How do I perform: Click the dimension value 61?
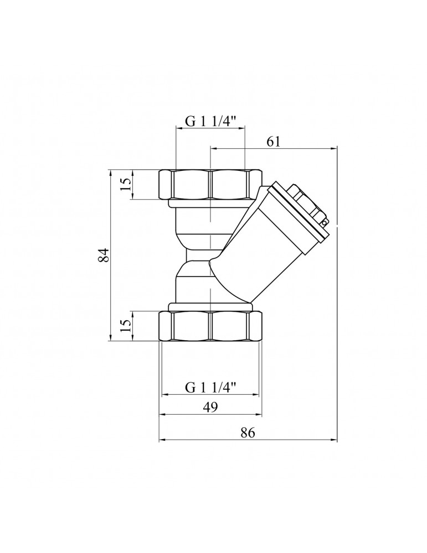point(274,142)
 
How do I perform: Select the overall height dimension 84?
point(104,255)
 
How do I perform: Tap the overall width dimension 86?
point(248,432)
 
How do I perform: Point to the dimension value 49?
point(211,407)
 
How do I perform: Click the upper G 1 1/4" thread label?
point(210,122)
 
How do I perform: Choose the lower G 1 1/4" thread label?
point(210,388)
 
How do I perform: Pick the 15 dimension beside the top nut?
point(126,185)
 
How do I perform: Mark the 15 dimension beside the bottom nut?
point(126,326)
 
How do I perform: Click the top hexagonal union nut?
point(210,185)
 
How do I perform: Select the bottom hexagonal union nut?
point(210,326)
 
